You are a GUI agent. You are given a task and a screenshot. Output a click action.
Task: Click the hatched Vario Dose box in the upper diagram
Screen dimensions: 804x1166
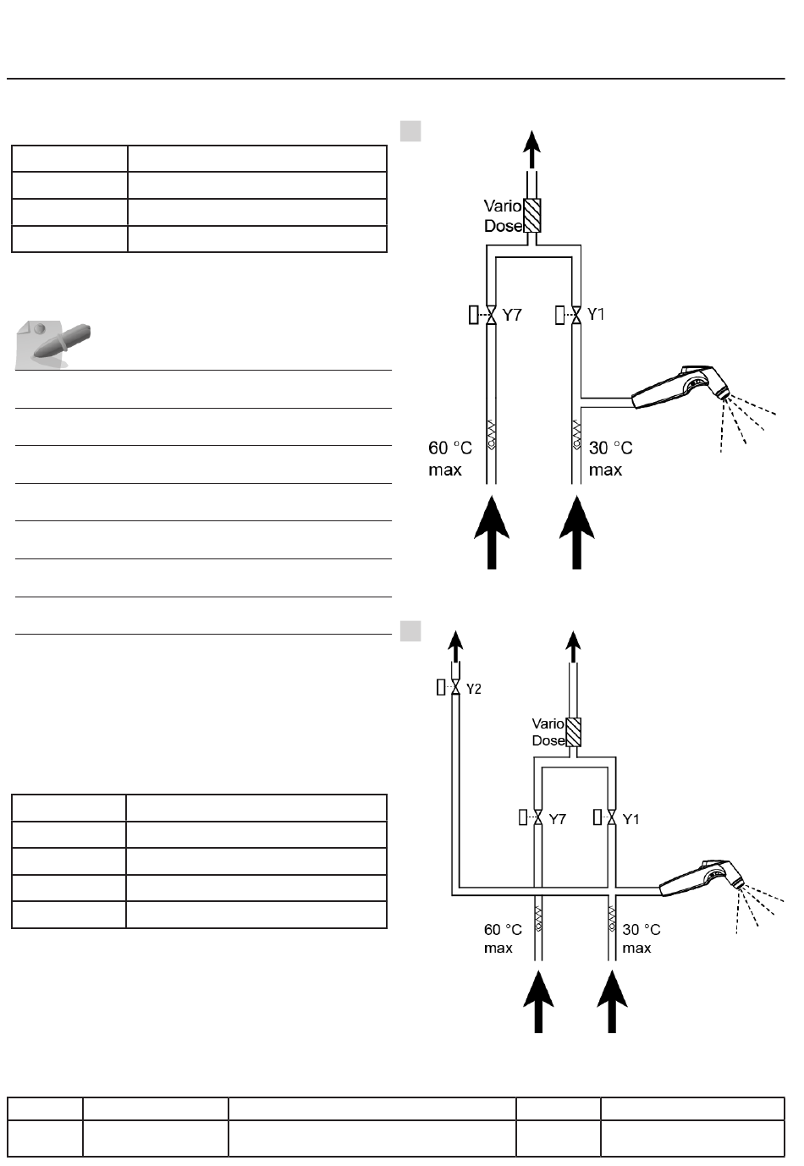(x=532, y=216)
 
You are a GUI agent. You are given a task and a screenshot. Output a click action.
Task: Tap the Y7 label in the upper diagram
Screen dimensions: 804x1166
(x=512, y=315)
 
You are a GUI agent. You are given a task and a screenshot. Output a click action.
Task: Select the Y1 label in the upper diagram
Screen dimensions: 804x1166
(x=596, y=315)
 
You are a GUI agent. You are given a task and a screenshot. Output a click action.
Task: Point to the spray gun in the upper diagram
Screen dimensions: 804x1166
(x=683, y=388)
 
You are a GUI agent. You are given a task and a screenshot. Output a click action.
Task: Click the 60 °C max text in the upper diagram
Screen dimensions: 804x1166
(x=449, y=458)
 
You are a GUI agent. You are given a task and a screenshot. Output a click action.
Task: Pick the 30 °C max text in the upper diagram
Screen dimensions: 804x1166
(x=610, y=458)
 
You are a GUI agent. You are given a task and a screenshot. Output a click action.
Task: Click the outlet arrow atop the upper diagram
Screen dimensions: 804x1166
(x=531, y=149)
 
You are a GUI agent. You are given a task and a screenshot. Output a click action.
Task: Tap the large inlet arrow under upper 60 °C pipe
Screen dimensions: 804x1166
(x=492, y=533)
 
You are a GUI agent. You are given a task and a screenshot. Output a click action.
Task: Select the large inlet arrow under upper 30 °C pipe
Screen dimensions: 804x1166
(x=577, y=533)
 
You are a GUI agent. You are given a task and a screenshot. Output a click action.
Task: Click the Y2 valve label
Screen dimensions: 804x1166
(x=474, y=688)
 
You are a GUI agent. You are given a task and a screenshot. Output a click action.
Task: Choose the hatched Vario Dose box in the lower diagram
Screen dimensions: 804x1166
(x=574, y=732)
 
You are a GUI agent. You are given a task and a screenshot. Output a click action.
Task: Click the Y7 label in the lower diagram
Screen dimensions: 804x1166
(x=557, y=818)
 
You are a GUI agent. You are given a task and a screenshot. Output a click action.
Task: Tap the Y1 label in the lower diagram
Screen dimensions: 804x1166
(x=631, y=818)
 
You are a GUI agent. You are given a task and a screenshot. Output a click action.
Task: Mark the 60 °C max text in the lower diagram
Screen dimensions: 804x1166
(x=503, y=938)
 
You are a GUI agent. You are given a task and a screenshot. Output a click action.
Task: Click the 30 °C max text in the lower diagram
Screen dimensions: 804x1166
(x=641, y=938)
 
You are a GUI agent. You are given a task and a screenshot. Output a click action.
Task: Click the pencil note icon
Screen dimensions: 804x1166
(x=54, y=344)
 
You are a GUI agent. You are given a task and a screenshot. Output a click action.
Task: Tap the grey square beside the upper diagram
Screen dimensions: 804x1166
(x=410, y=130)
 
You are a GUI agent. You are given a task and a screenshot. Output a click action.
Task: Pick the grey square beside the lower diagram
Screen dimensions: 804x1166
(x=410, y=631)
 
